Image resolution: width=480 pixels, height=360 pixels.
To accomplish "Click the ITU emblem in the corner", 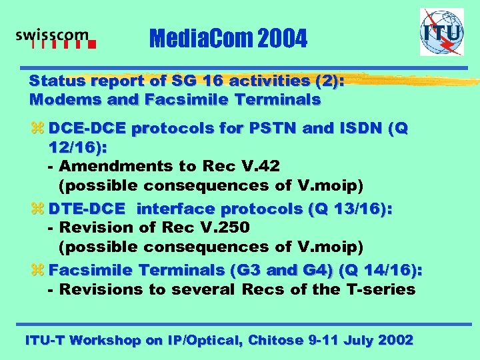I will tap(441, 32).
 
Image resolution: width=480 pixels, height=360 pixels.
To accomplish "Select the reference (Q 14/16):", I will tap(381, 271).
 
